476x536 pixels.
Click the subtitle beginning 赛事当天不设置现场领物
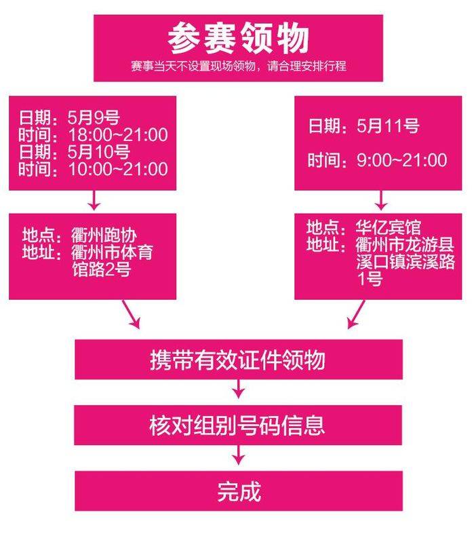coord(239,68)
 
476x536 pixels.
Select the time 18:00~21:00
coord(117,134)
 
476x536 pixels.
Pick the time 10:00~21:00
coord(117,168)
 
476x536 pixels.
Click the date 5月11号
coord(389,126)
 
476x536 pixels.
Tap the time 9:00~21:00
coord(402,160)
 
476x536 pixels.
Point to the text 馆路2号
coord(101,269)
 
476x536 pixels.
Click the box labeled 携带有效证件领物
coord(238,360)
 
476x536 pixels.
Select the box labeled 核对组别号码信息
coord(238,425)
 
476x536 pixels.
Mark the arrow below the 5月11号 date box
coord(381,201)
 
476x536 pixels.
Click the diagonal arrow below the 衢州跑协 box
coord(131,314)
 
